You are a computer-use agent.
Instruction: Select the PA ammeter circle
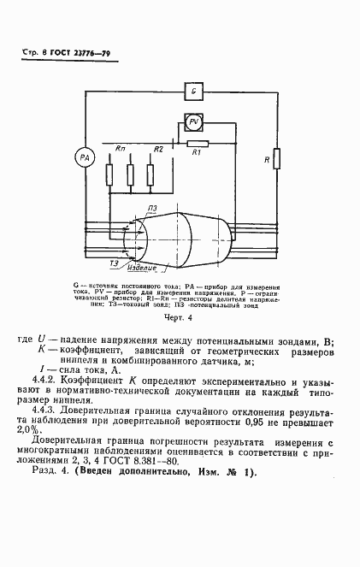83,158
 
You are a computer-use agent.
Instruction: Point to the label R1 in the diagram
197,153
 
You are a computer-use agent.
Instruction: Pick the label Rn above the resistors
120,150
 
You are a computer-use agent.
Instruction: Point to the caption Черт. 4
179,317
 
